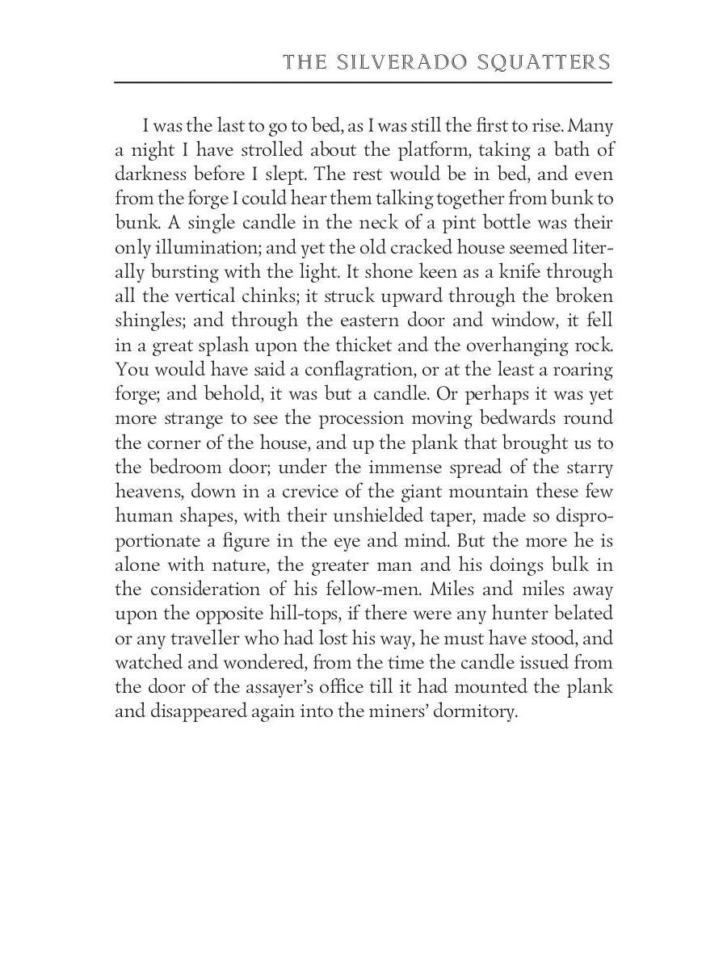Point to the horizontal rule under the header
pyautogui.click(x=363, y=82)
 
